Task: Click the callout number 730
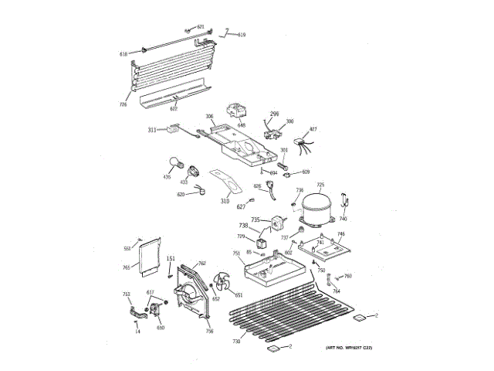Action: [x=238, y=341]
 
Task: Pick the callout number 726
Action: [x=123, y=104]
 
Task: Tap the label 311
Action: [x=152, y=130]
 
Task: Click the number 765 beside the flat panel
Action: [x=126, y=267]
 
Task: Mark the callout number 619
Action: [x=242, y=35]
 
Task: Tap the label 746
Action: [x=340, y=233]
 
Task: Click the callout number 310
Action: [x=225, y=201]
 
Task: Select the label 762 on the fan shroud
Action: [x=202, y=264]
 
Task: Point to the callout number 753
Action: [x=126, y=294]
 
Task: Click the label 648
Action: [x=242, y=125]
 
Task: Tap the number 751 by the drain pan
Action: [x=236, y=254]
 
